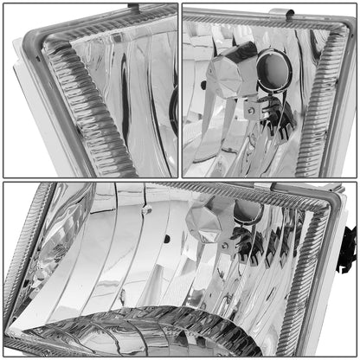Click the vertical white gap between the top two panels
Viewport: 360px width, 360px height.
tap(179, 87)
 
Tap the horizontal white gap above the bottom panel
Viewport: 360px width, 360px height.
tap(179, 179)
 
